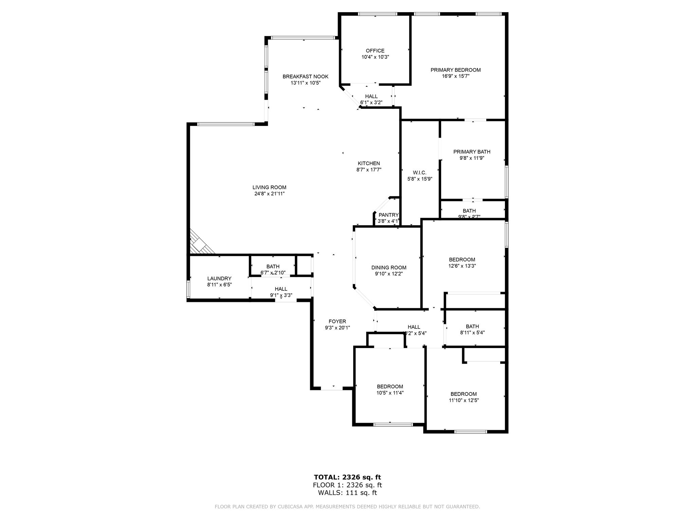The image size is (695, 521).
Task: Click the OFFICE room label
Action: pyautogui.click(x=375, y=51)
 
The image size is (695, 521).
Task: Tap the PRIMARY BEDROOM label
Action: pyautogui.click(x=455, y=70)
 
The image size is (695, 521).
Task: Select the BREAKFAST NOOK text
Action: pyautogui.click(x=305, y=77)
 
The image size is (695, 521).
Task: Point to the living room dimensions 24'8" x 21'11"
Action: pyautogui.click(x=269, y=194)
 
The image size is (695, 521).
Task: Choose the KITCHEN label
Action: pyautogui.click(x=369, y=163)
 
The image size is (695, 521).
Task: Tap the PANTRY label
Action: pyautogui.click(x=388, y=215)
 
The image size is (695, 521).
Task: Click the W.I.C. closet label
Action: pyautogui.click(x=419, y=173)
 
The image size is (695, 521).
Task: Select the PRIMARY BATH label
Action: pyautogui.click(x=472, y=152)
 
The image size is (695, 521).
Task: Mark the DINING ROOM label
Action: pyautogui.click(x=389, y=268)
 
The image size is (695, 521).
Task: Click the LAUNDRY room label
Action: pyautogui.click(x=219, y=278)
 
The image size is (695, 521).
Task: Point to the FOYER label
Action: pyautogui.click(x=337, y=322)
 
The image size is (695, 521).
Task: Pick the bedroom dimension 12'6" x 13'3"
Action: pyautogui.click(x=462, y=266)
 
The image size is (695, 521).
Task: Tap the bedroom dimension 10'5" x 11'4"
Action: pyautogui.click(x=390, y=393)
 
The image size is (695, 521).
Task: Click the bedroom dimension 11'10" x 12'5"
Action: pyautogui.click(x=464, y=400)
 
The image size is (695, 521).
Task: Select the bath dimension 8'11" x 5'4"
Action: pyautogui.click(x=472, y=333)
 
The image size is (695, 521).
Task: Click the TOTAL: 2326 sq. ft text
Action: pyautogui.click(x=347, y=477)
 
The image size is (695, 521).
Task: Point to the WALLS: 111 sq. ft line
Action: pyautogui.click(x=347, y=493)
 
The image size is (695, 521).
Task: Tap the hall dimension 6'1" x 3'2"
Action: pyautogui.click(x=371, y=102)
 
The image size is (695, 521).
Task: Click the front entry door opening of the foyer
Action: pyautogui.click(x=332, y=388)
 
